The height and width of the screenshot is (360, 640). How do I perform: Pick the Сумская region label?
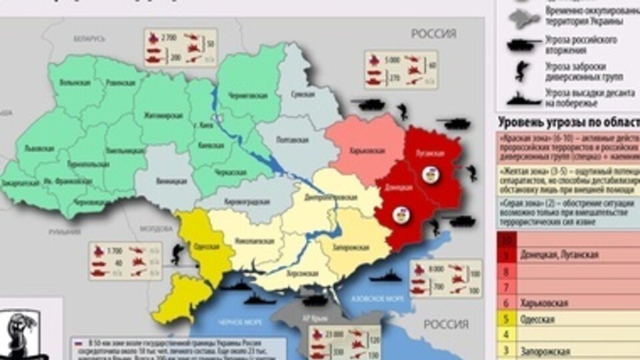point(303,95)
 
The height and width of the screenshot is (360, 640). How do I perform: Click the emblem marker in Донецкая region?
point(403,214)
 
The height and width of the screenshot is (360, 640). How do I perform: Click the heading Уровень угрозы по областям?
point(567,122)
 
